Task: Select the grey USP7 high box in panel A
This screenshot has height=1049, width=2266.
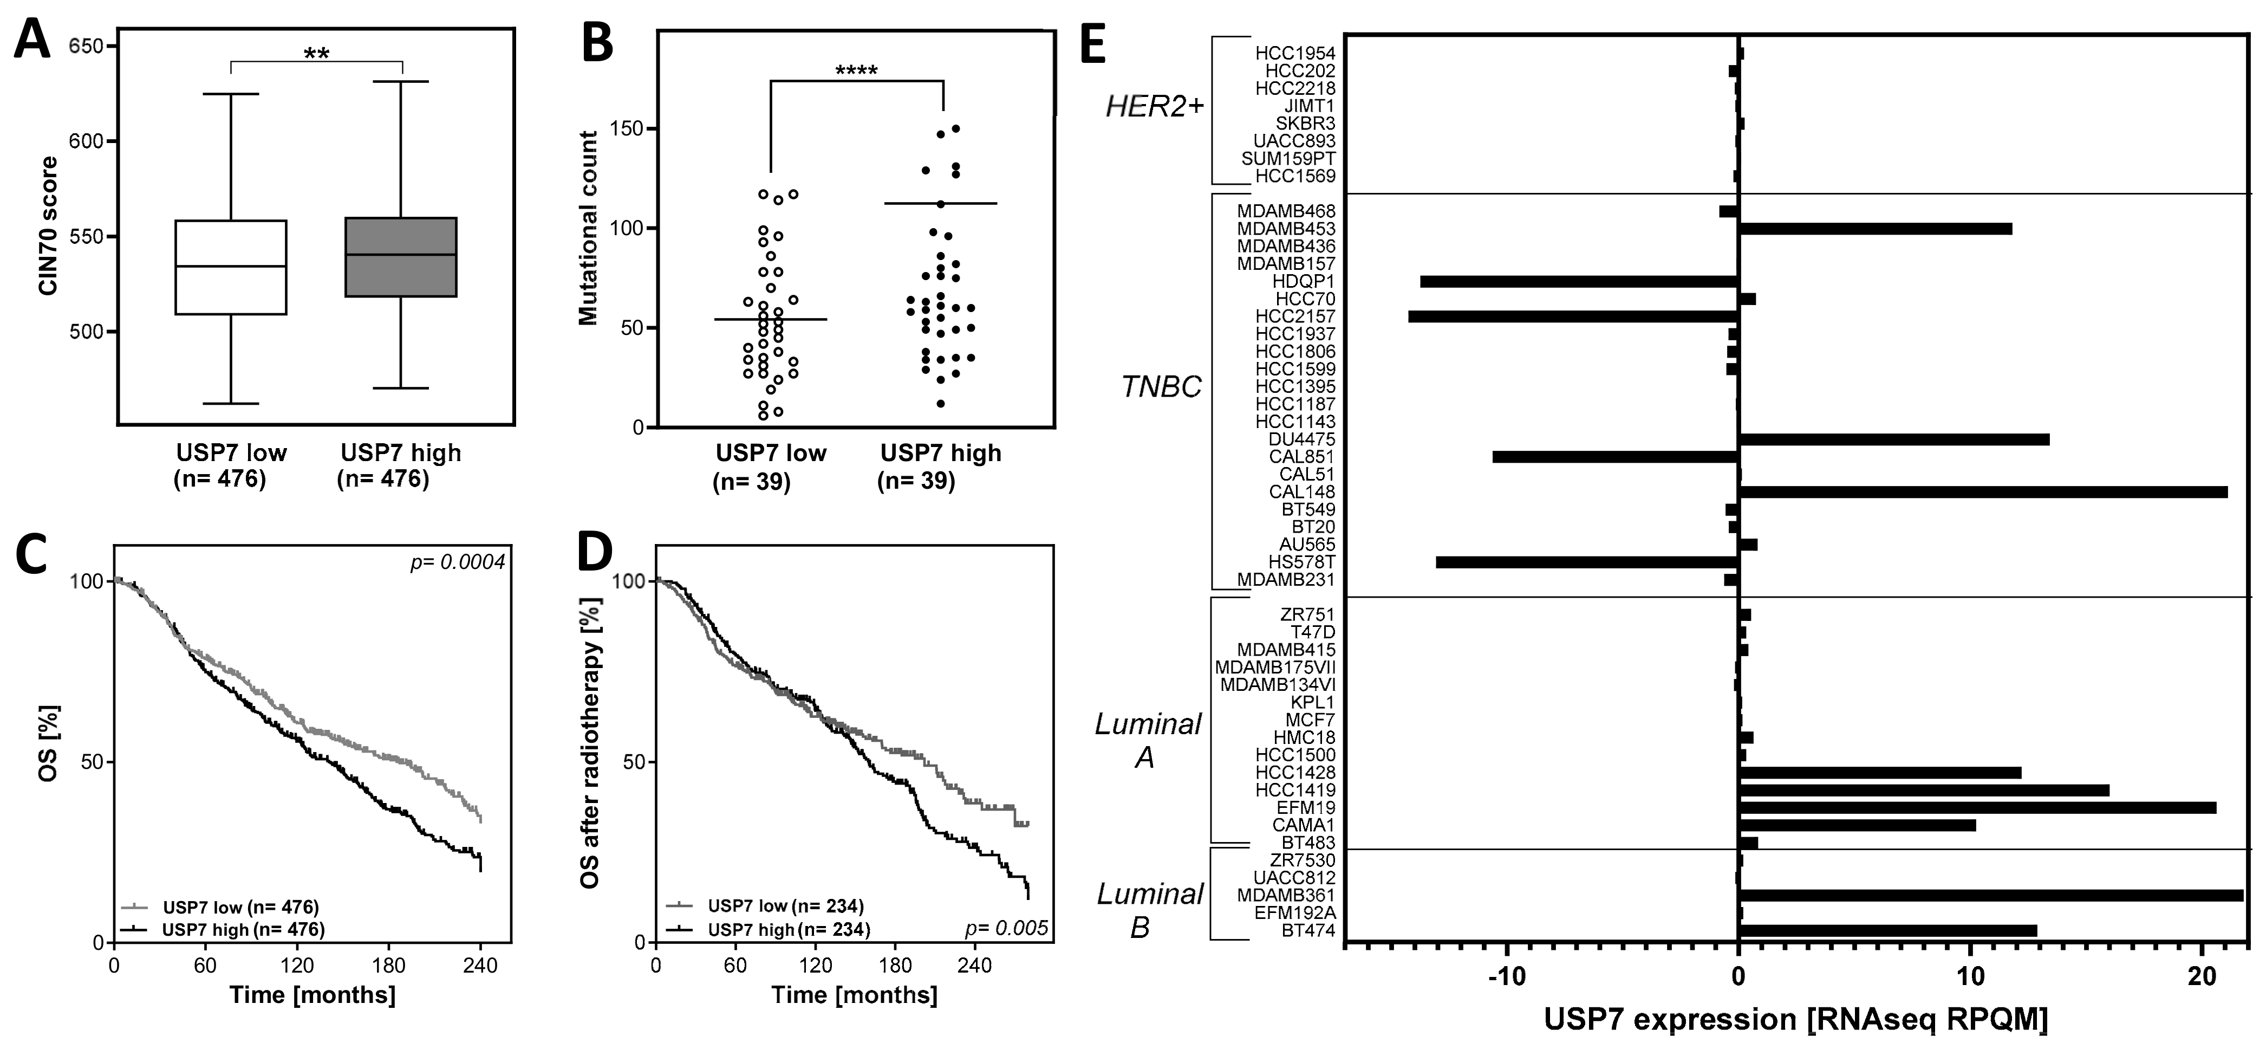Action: (x=400, y=257)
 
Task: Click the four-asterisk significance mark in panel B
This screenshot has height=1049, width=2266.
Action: (x=856, y=70)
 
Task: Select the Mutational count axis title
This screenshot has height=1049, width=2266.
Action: (x=588, y=229)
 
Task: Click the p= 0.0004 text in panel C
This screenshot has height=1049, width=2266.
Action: (x=458, y=561)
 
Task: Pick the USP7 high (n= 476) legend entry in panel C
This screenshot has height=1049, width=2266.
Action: (x=243, y=929)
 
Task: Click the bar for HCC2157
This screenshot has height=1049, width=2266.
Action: (x=1573, y=316)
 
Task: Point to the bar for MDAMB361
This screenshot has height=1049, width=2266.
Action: (x=1991, y=896)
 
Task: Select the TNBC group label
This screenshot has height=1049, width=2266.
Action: (x=1161, y=387)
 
